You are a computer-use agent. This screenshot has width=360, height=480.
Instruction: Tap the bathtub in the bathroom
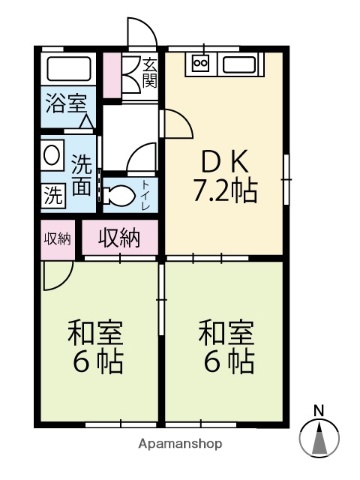click(69, 71)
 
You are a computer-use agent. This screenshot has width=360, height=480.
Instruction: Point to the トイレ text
click(147, 189)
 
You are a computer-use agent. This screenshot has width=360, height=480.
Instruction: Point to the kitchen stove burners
click(198, 65)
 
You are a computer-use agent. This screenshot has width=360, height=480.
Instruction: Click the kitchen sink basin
click(241, 67)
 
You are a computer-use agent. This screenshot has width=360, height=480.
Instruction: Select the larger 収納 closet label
click(119, 238)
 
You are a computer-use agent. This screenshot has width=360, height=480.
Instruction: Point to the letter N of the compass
click(319, 410)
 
